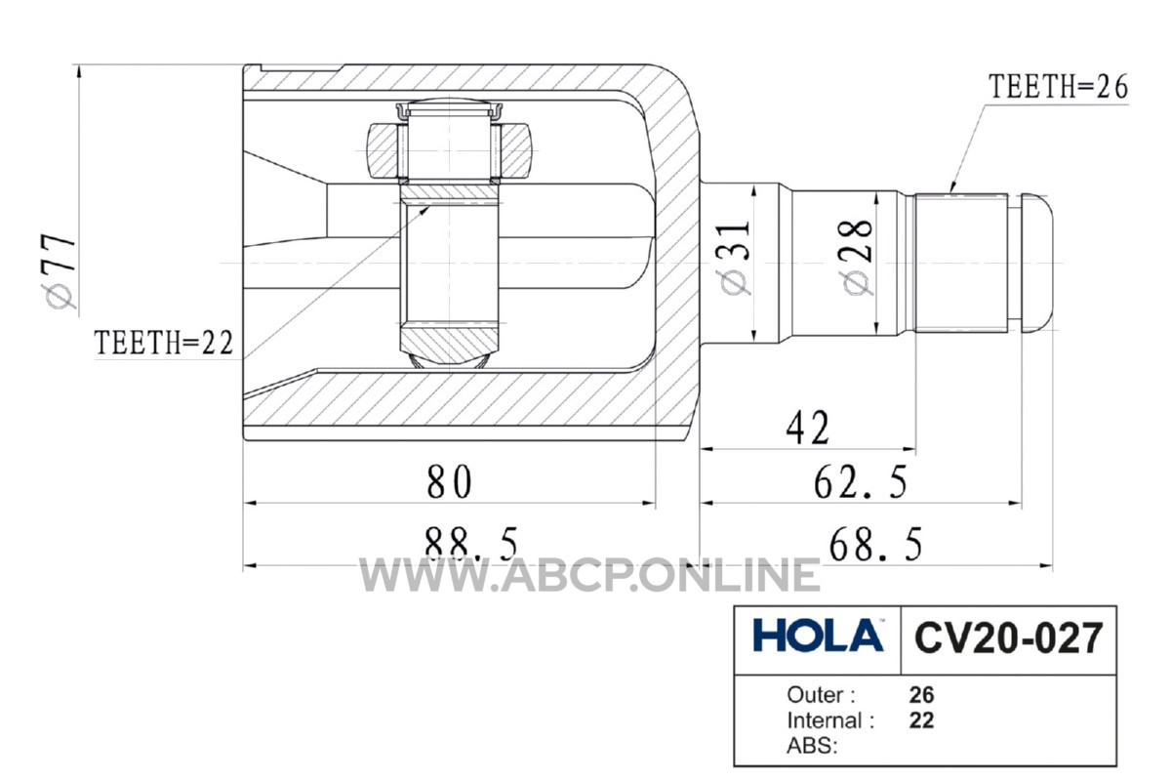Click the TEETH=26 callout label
[1058, 87]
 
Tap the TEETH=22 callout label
[164, 343]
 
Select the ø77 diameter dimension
[61, 270]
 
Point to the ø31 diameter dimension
[736, 258]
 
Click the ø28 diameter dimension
[855, 257]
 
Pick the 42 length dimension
[808, 428]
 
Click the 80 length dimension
[449, 481]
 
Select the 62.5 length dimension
[861, 482]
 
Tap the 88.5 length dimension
[471, 543]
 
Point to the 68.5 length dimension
[875, 544]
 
